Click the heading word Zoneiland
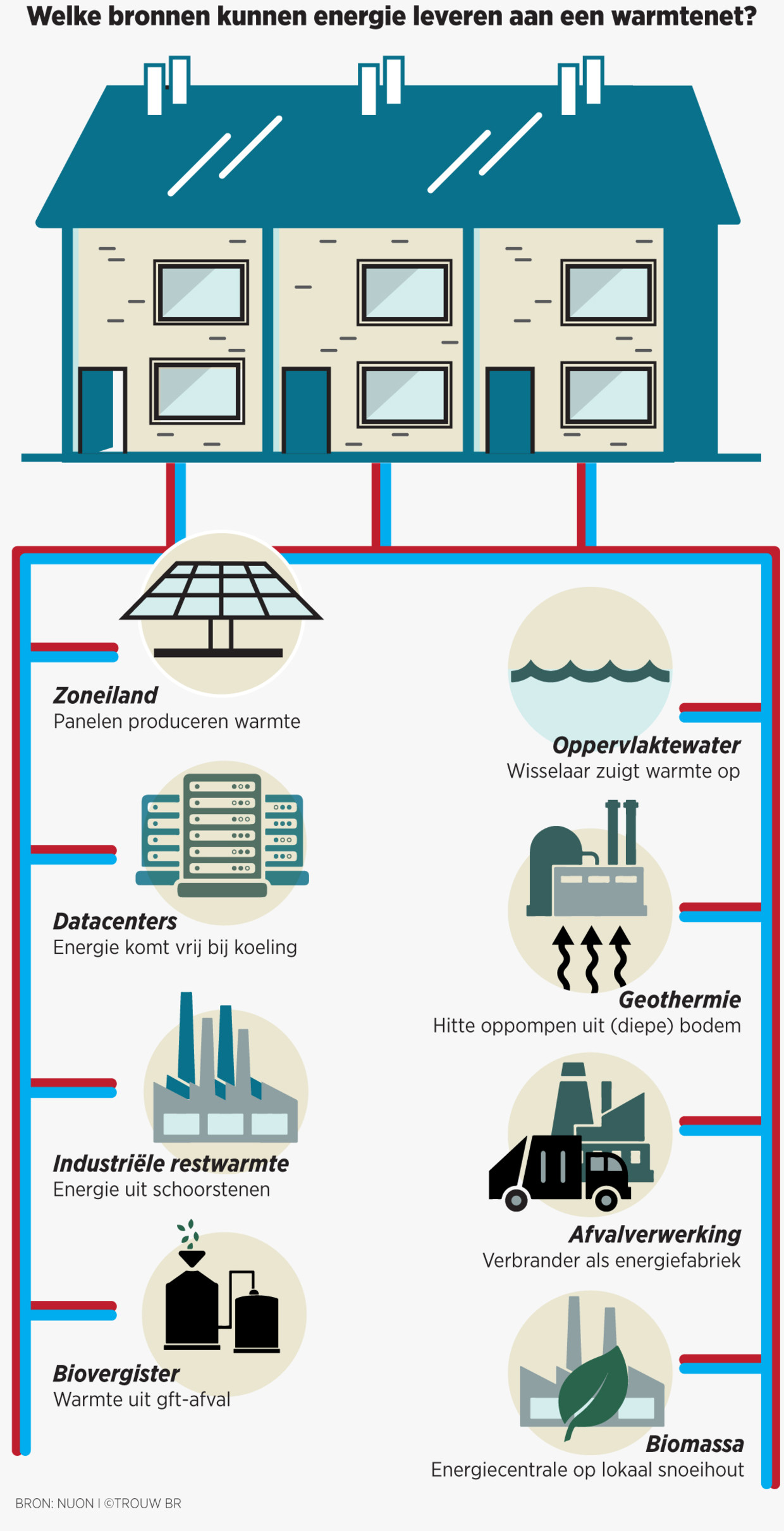(105, 696)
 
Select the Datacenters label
(115, 922)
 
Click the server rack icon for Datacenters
(222, 835)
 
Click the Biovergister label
(116, 1374)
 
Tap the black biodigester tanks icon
(221, 1310)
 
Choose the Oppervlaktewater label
(646, 746)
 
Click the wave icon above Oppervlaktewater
(590, 670)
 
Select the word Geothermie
(680, 1000)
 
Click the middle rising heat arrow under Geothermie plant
(592, 958)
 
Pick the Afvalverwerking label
(655, 1234)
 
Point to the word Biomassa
(695, 1444)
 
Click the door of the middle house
(306, 411)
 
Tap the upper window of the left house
(201, 292)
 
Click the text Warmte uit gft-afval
(142, 1399)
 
